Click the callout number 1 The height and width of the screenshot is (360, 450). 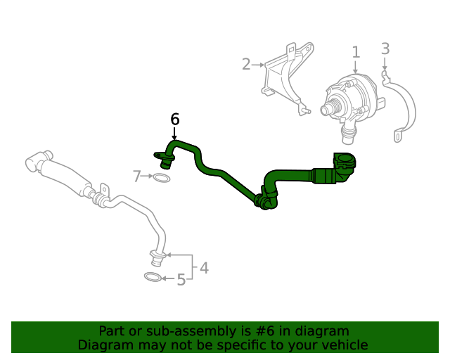(356, 52)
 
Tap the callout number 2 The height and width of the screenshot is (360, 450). (246, 65)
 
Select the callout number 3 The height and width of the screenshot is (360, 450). (385, 49)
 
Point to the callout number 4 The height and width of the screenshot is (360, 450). (204, 267)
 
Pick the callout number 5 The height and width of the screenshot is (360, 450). (181, 280)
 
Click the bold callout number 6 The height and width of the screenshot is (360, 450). (175, 119)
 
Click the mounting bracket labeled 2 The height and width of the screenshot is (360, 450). (285, 77)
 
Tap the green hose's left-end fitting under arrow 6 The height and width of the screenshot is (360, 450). (163, 156)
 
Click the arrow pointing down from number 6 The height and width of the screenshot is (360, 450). (174, 134)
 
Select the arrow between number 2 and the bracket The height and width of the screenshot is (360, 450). (258, 65)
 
